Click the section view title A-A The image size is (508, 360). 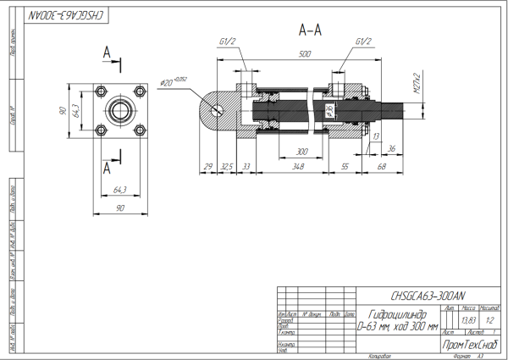(310, 30)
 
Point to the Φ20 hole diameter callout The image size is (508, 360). (170, 82)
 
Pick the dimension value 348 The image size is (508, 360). (296, 168)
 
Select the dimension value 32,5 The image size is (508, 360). (226, 168)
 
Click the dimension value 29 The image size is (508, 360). (208, 168)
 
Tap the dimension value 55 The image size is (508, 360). (345, 168)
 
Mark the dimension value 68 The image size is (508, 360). (382, 168)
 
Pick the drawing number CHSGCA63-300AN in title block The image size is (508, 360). (428, 296)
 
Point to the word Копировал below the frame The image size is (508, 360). (380, 357)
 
